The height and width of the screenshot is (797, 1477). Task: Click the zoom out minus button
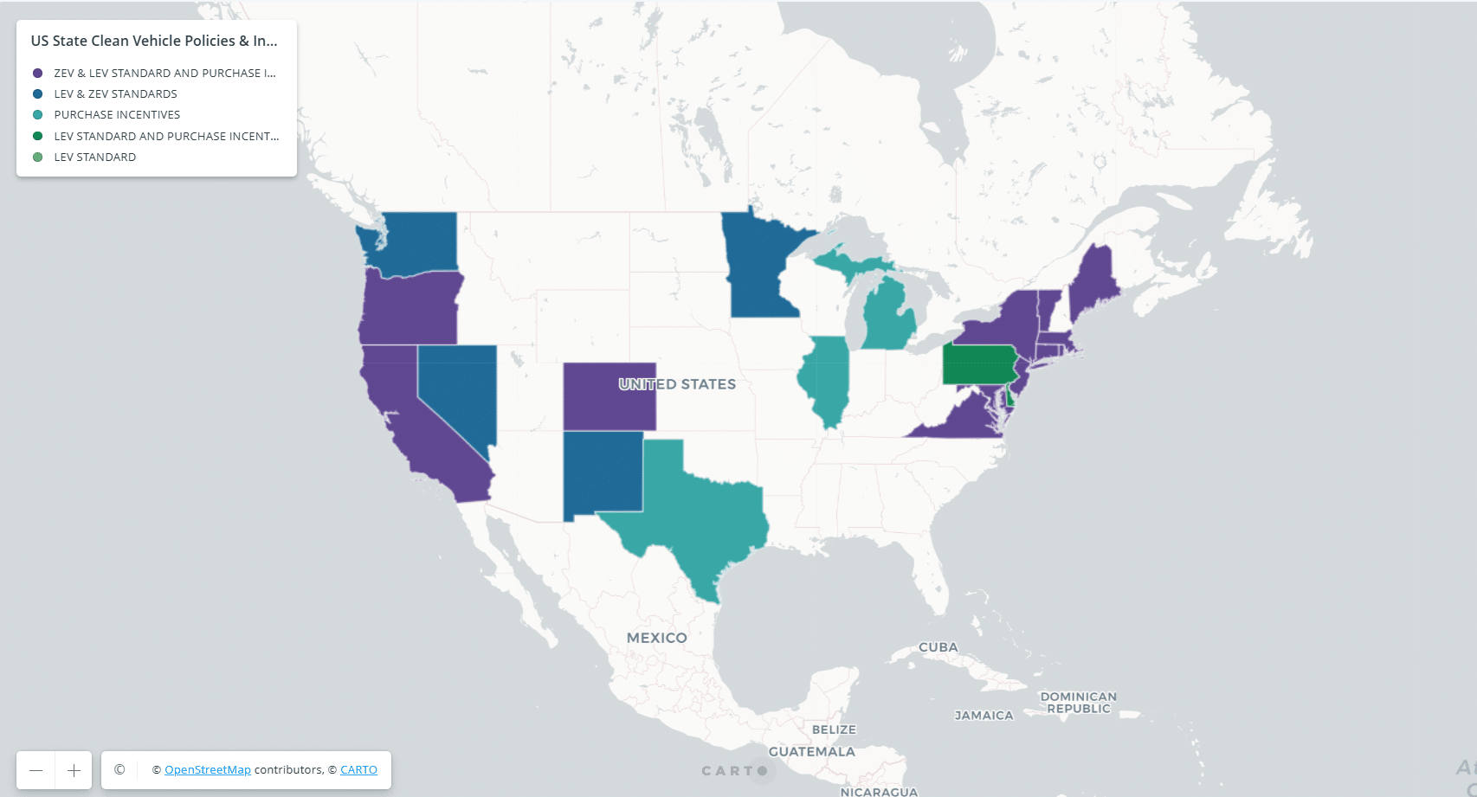click(x=35, y=770)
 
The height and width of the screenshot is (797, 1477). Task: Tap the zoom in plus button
click(x=74, y=770)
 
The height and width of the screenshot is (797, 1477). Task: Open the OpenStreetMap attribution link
click(x=208, y=770)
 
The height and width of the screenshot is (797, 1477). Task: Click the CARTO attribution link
click(x=358, y=770)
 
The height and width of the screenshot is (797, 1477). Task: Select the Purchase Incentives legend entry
click(x=117, y=115)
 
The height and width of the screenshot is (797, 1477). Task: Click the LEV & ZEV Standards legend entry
click(x=115, y=94)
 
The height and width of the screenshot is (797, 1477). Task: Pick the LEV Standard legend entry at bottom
click(x=94, y=157)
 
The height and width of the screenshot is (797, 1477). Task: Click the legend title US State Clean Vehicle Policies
click(x=154, y=41)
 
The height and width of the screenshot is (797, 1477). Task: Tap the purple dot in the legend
click(x=38, y=74)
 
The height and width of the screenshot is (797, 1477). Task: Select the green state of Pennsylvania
click(x=978, y=364)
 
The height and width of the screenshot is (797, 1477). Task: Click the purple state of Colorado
click(x=597, y=407)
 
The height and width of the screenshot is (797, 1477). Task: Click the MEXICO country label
click(x=656, y=638)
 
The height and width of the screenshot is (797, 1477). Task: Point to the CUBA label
click(x=938, y=647)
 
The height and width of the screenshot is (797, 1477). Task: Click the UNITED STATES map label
click(x=677, y=384)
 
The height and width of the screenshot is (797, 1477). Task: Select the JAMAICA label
click(x=984, y=716)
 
